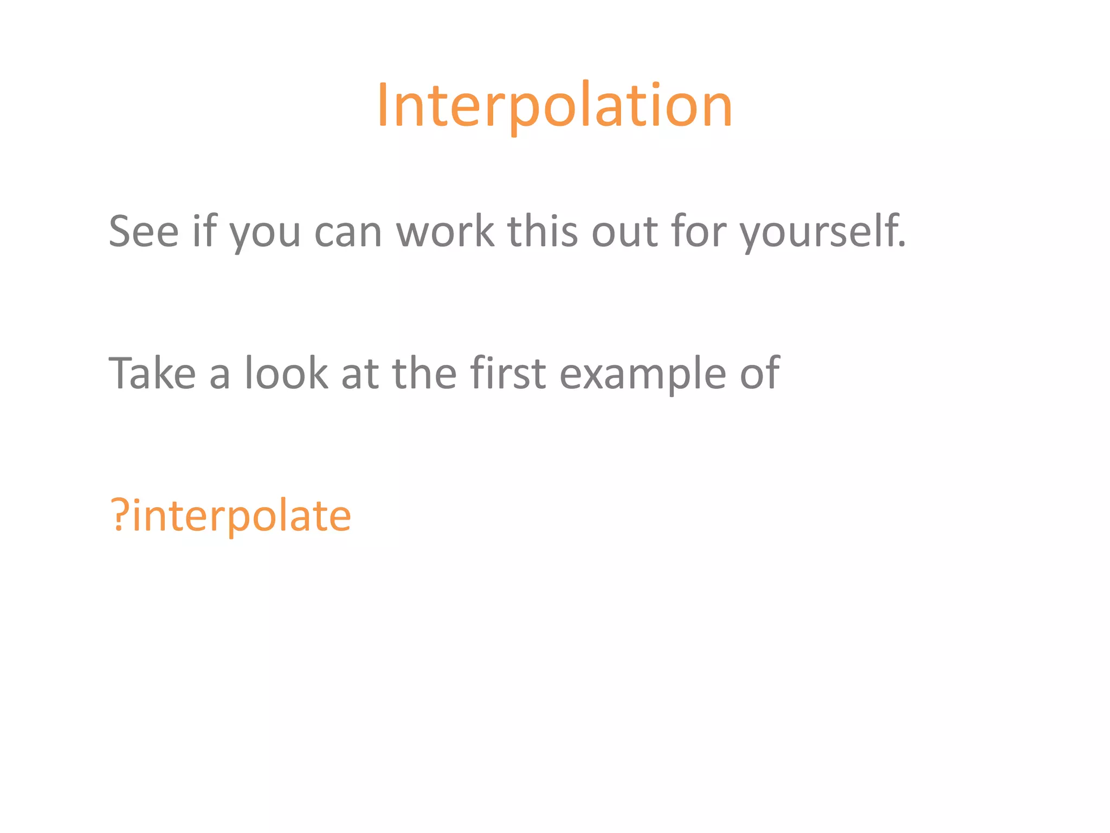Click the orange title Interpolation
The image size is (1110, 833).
[x=554, y=106]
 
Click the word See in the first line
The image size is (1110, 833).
[x=144, y=232]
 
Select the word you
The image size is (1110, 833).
[x=264, y=234]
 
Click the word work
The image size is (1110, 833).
[x=445, y=231]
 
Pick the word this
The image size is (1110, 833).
[x=543, y=231]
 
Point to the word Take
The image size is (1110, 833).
[x=152, y=373]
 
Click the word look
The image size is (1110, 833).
[x=286, y=373]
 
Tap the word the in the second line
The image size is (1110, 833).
[x=424, y=373]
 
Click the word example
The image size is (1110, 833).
[x=642, y=375]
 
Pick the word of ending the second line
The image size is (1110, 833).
[x=759, y=373]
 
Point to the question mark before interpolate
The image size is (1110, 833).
[x=119, y=515]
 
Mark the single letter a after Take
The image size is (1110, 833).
[x=220, y=376]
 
